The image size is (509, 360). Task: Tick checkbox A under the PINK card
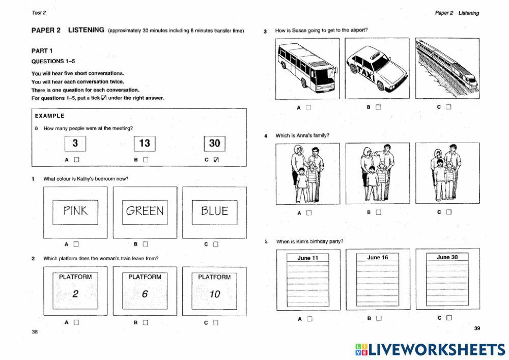point(76,244)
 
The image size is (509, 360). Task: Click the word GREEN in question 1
point(145,211)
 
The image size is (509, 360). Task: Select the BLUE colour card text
point(214,211)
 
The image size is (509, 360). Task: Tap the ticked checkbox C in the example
point(216,160)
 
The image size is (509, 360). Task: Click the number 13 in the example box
point(145,143)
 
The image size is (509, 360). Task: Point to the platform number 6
point(145,294)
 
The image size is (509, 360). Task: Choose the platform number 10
point(214,294)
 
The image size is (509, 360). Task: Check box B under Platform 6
point(146,322)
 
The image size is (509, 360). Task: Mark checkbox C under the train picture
point(448,107)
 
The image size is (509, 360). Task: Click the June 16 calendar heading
point(377,258)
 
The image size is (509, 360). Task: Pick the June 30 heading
point(447,258)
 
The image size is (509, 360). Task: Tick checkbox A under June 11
point(309,319)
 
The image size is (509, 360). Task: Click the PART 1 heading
point(42,51)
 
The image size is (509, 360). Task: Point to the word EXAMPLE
point(49,116)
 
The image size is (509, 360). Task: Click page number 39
point(477,328)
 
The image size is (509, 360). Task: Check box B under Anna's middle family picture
point(378,212)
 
